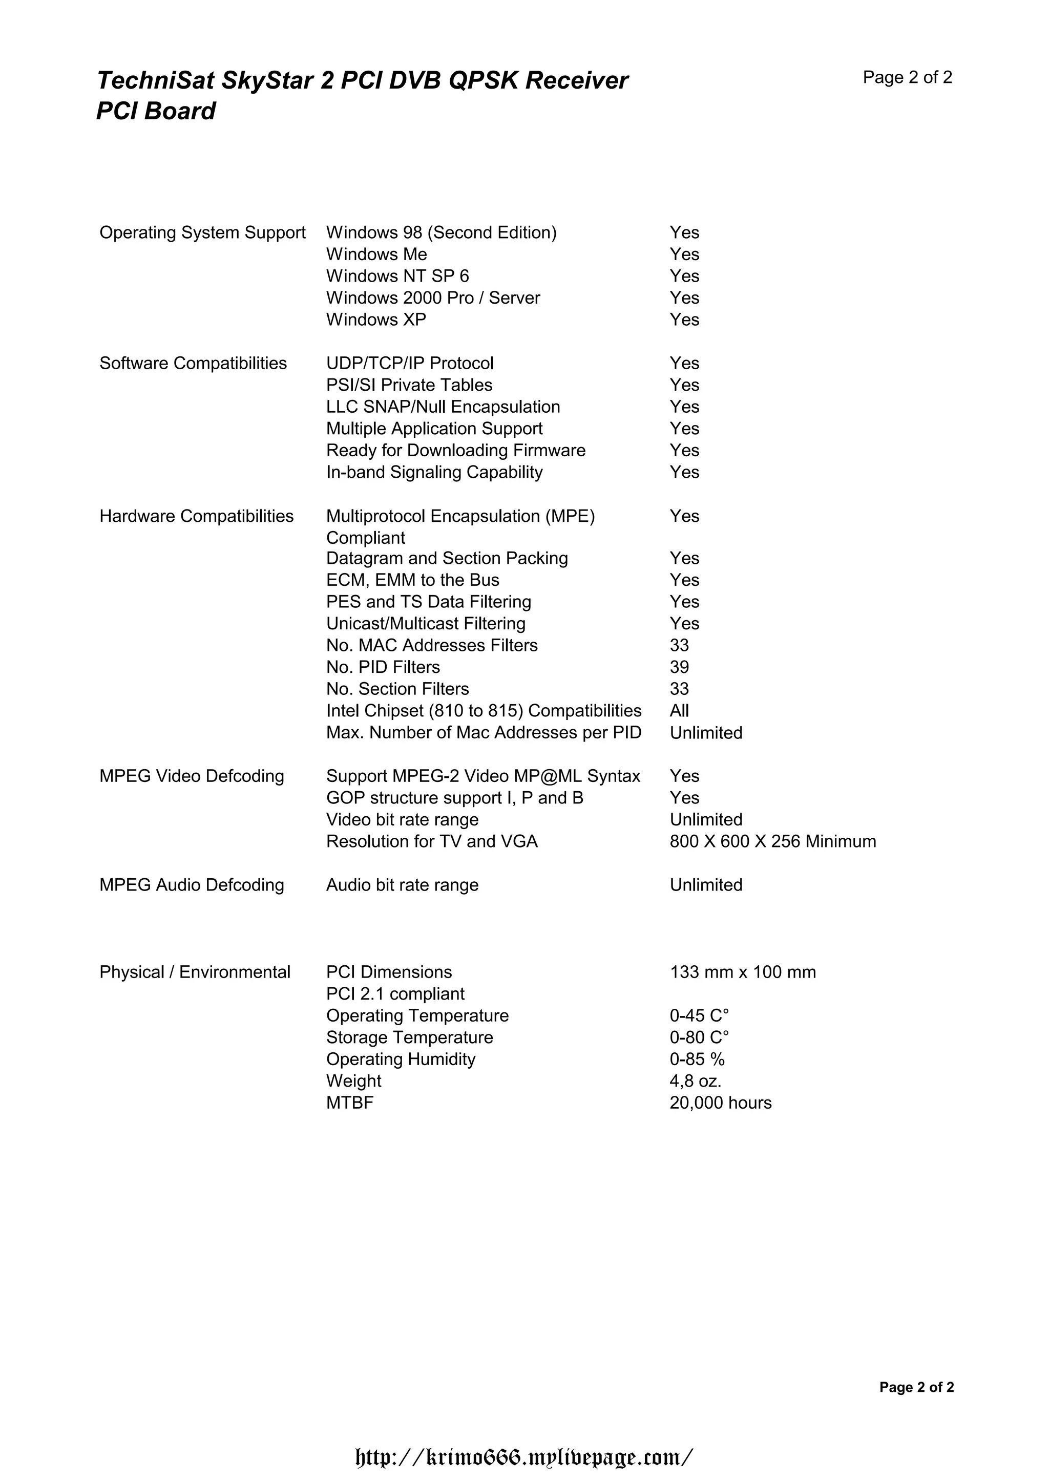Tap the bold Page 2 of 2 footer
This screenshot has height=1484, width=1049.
pos(916,1387)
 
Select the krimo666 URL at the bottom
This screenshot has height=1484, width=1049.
pos(524,1457)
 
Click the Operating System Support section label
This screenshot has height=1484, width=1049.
pos(202,232)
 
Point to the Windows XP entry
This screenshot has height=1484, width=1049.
pos(375,320)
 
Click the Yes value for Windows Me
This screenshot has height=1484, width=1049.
pos(684,254)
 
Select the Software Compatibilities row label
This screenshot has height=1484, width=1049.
pos(193,363)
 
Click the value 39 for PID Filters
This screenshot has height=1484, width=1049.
pos(679,667)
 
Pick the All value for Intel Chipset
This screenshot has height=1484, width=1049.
pos(679,710)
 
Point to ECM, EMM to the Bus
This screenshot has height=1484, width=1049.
pos(412,580)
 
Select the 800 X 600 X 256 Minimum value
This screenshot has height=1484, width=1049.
pos(772,841)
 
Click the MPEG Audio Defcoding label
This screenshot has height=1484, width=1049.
pos(192,885)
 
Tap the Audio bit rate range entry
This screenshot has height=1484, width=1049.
pos(402,885)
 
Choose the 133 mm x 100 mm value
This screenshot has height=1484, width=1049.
pos(742,972)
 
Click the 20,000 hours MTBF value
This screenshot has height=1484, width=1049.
pos(720,1103)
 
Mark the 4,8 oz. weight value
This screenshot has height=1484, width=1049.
pos(695,1080)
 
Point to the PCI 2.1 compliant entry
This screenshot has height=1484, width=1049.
pos(395,994)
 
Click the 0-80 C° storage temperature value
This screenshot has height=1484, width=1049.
pos(699,1037)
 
